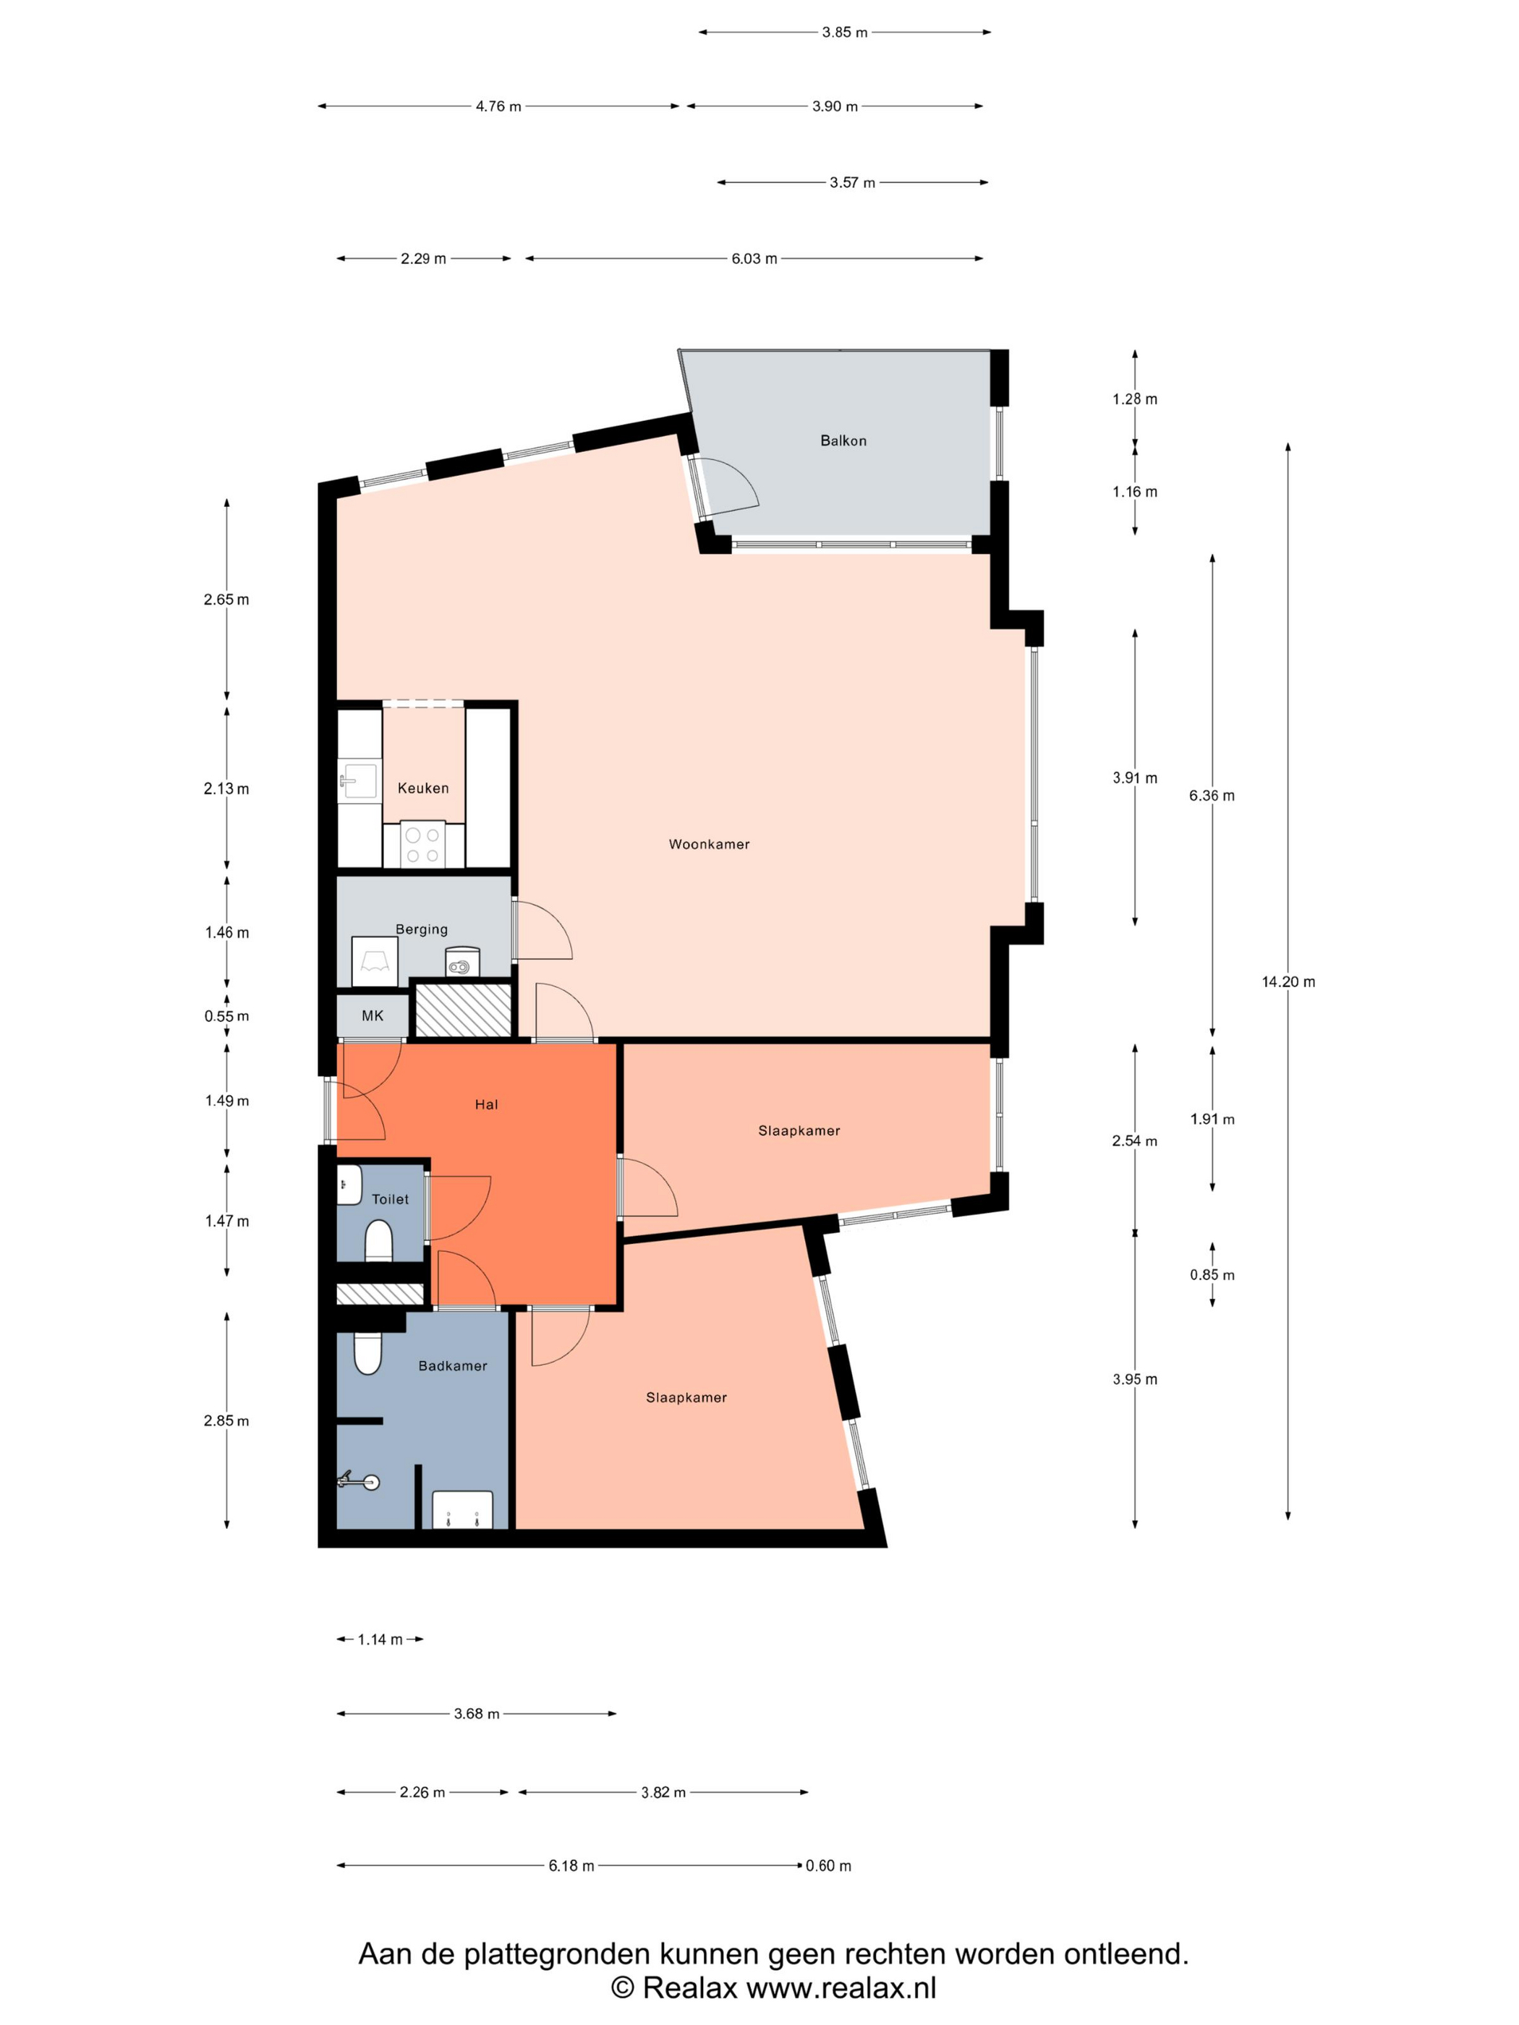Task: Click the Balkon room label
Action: click(x=843, y=440)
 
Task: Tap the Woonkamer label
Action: click(x=709, y=844)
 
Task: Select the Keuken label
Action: click(x=423, y=788)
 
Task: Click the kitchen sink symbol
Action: click(x=358, y=781)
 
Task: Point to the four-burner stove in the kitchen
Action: click(x=422, y=845)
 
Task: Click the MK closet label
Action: click(x=372, y=1015)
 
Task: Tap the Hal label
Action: click(x=486, y=1104)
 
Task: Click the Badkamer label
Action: click(x=452, y=1365)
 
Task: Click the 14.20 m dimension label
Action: click(x=1288, y=981)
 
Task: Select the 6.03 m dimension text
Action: click(x=754, y=258)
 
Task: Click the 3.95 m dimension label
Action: click(x=1134, y=1378)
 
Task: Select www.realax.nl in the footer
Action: click(x=841, y=1987)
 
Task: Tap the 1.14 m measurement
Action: click(x=380, y=1639)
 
